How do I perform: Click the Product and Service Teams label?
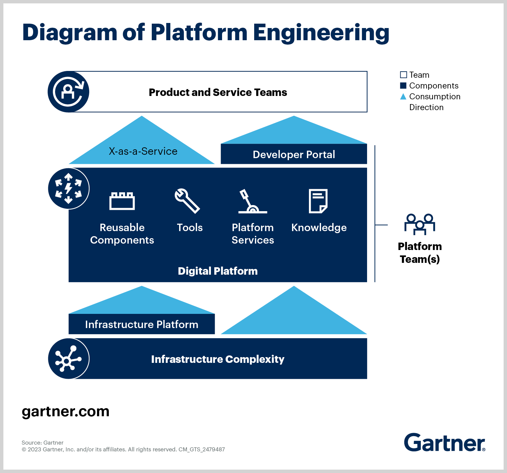click(218, 92)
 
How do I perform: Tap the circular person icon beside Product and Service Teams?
click(69, 92)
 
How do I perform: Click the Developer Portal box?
click(294, 154)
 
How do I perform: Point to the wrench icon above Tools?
click(187, 201)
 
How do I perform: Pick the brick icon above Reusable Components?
click(122, 201)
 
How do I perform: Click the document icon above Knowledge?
click(318, 201)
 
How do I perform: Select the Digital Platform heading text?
click(218, 271)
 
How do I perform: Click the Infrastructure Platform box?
click(142, 324)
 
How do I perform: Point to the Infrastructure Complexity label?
click(218, 359)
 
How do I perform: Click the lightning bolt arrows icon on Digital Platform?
click(69, 189)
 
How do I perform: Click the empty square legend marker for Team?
click(403, 75)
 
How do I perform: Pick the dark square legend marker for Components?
click(403, 85)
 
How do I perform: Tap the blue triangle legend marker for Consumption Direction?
click(403, 97)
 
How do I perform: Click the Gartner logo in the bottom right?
click(444, 443)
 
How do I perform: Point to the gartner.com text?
click(66, 412)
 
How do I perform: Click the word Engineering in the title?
click(321, 33)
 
